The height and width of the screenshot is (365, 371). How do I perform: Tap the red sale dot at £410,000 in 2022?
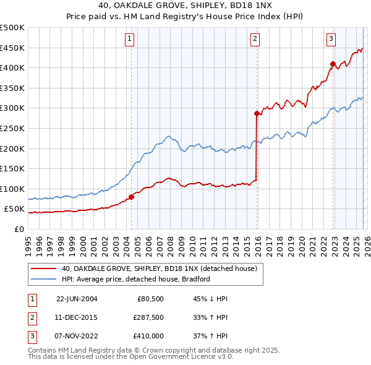tap(333, 64)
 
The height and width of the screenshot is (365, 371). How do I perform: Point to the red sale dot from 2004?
tap(131, 197)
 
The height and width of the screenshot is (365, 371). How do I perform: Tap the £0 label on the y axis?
tap(19, 229)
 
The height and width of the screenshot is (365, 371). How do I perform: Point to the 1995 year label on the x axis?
tap(28, 243)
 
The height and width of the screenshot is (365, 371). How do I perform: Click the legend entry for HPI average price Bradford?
tap(136, 279)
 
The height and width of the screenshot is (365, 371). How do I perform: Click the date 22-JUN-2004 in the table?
tap(77, 299)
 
